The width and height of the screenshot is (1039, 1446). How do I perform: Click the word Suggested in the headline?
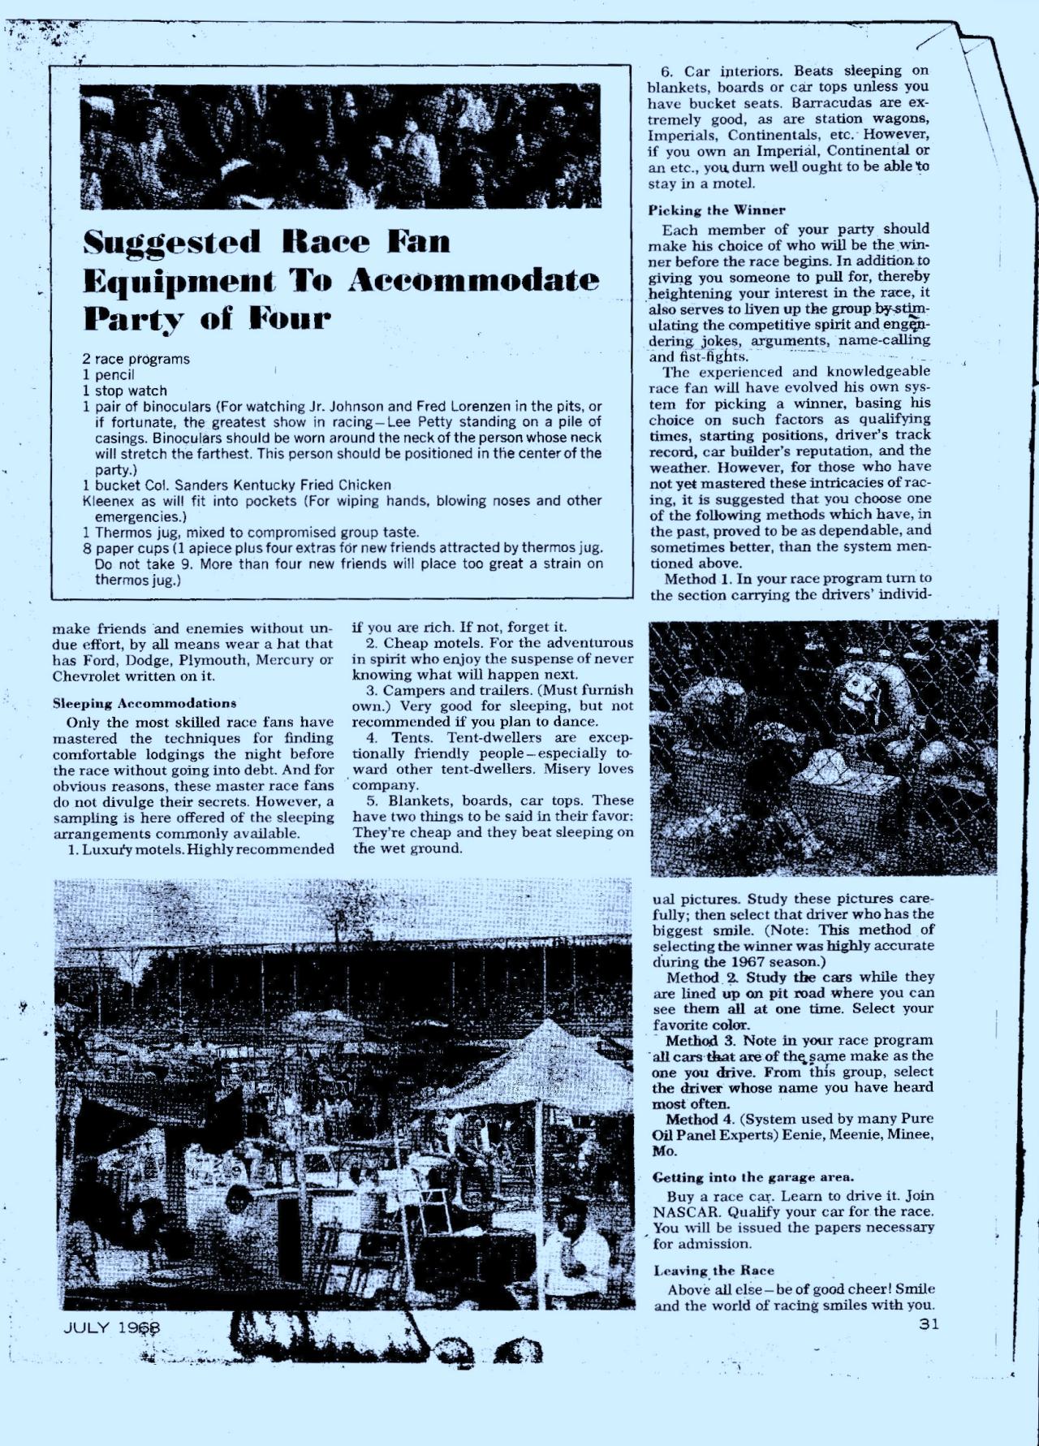point(172,243)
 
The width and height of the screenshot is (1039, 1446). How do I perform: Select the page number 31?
point(929,1324)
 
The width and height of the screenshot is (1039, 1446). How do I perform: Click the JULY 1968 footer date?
point(112,1328)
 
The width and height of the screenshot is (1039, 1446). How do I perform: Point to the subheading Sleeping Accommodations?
point(144,703)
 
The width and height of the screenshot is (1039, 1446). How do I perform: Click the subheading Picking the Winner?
point(717,209)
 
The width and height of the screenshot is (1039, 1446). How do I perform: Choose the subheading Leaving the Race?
point(714,1271)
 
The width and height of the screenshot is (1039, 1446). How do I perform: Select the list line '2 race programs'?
point(136,359)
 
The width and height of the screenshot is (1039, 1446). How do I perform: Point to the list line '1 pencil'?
point(108,375)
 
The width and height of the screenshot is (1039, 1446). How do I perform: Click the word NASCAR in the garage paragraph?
point(687,1211)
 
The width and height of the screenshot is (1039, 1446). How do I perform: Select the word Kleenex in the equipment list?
point(108,501)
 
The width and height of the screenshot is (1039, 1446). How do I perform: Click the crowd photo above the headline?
point(340,146)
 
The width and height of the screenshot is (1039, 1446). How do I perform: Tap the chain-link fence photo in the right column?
point(823,747)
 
